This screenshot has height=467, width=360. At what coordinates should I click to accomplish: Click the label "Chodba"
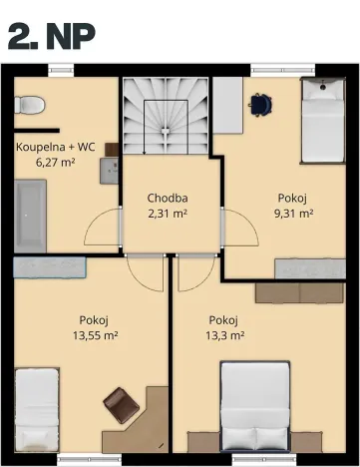(x=167, y=198)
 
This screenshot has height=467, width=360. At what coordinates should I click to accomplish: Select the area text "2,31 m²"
(x=167, y=213)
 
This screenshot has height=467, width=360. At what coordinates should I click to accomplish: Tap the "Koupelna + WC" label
(x=56, y=145)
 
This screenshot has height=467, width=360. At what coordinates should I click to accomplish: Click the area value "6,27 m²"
(x=56, y=161)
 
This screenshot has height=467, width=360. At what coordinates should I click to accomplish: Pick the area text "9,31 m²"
(x=294, y=213)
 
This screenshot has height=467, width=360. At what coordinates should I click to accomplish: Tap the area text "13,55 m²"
(x=95, y=336)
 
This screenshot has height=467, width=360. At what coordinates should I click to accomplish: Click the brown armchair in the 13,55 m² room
(x=122, y=404)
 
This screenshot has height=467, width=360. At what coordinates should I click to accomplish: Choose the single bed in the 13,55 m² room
(x=38, y=411)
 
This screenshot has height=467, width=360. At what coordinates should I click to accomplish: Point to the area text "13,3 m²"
(x=224, y=336)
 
